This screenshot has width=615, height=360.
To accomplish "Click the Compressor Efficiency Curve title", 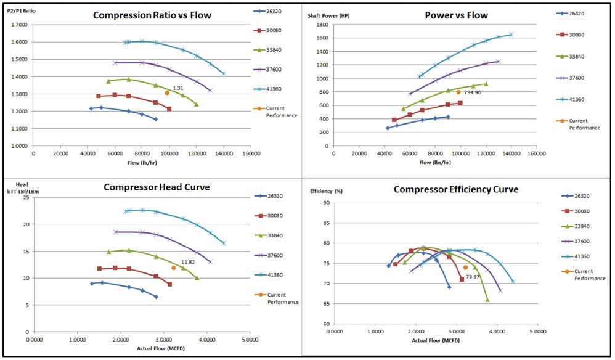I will (x=456, y=189).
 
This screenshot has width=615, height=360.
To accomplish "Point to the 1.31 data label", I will (x=178, y=88).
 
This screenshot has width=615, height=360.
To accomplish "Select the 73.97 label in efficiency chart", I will (x=473, y=277).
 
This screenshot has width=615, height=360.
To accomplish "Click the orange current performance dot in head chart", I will (x=174, y=268).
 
